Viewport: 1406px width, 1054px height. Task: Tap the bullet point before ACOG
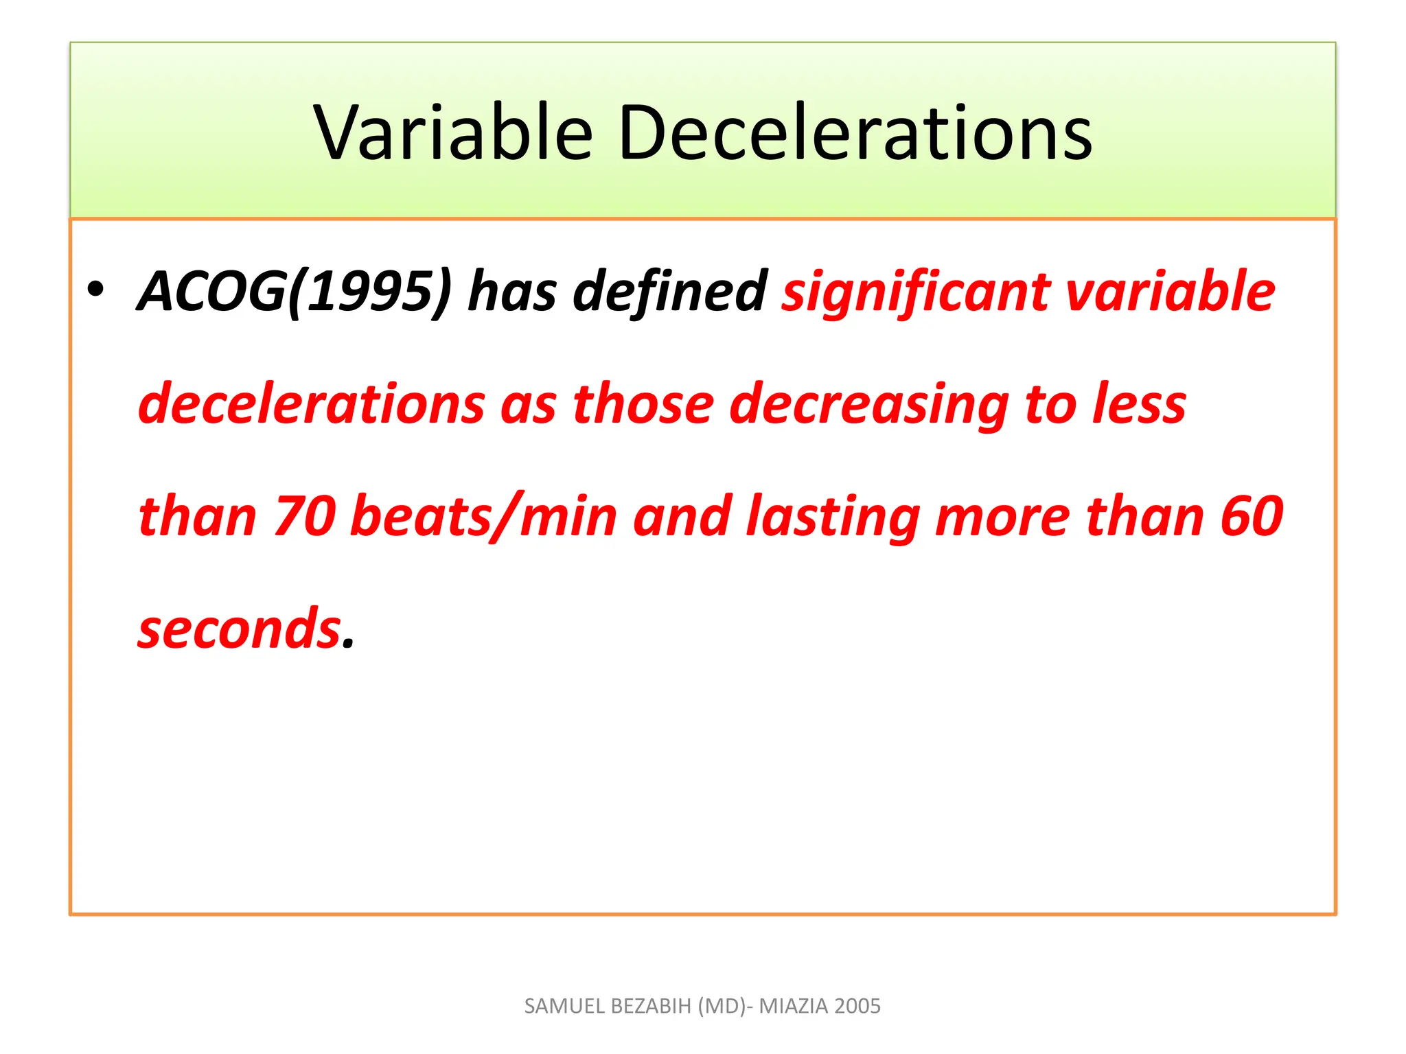tap(95, 290)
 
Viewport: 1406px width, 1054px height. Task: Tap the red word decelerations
tap(312, 403)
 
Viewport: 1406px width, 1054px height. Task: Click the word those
tap(643, 403)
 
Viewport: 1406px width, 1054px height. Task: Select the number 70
tap(305, 516)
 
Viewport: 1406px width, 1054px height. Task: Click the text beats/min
tap(484, 516)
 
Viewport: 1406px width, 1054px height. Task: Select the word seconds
tap(240, 629)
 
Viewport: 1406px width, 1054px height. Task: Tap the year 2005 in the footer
tap(858, 1006)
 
